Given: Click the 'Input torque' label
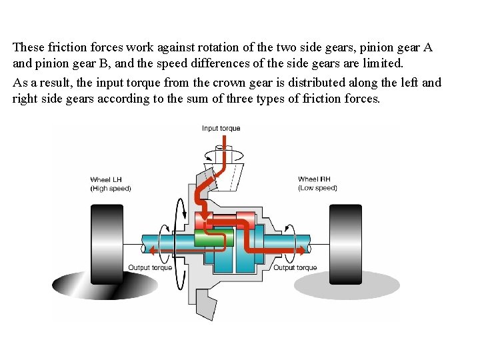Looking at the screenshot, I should click(221, 128).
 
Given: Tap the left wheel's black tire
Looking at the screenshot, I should click(107, 241).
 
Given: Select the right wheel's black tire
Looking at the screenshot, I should click(345, 241).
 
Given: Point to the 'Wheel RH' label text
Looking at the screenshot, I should click(314, 179).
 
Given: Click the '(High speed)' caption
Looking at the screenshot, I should click(111, 188).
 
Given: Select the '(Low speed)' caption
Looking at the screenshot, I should click(317, 188).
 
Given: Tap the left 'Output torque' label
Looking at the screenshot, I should click(150, 268).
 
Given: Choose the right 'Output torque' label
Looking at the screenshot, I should click(295, 268).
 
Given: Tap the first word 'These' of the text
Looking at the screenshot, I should click(28, 47).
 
